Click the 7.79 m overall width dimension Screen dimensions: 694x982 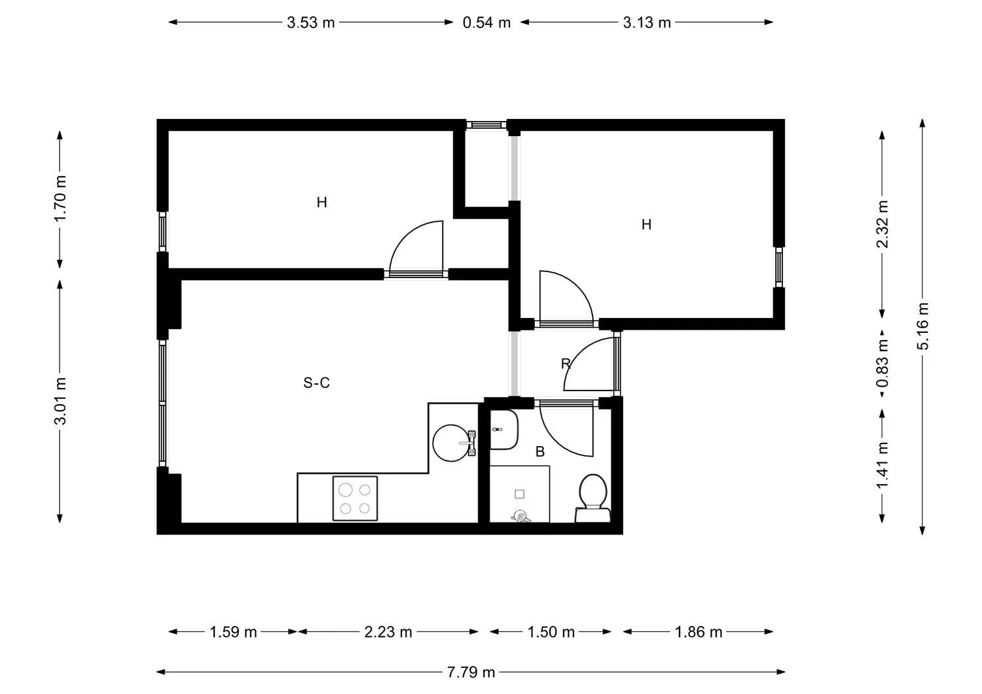(x=471, y=672)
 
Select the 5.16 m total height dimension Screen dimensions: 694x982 (x=922, y=326)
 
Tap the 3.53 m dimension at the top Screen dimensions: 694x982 (x=310, y=22)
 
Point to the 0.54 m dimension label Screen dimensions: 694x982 (x=486, y=22)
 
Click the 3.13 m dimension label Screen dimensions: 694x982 (x=646, y=22)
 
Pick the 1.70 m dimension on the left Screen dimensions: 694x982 (x=60, y=198)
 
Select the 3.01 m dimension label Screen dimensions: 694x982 (x=60, y=401)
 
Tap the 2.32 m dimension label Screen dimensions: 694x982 (x=882, y=224)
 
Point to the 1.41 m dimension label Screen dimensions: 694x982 (x=882, y=464)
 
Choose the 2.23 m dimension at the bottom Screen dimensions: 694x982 (x=388, y=632)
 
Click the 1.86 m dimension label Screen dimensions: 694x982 (x=699, y=632)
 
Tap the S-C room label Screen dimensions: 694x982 (x=316, y=383)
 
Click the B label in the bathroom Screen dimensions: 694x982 (x=540, y=452)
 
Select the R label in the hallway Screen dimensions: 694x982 (x=566, y=364)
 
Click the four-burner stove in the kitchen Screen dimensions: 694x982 (x=355, y=498)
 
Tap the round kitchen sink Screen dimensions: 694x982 (x=452, y=443)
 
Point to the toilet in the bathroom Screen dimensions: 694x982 (x=593, y=497)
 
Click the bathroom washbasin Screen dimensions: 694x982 (x=503, y=430)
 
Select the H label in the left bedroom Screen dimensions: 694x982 (x=321, y=203)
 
